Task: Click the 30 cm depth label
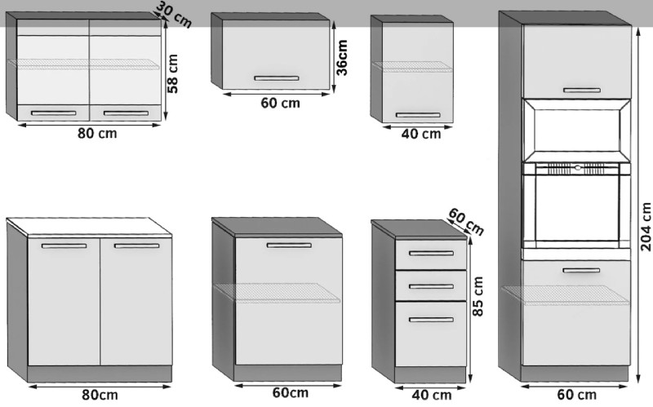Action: click(174, 15)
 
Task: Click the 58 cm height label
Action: click(172, 73)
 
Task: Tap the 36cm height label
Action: click(341, 57)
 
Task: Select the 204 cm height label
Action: click(646, 227)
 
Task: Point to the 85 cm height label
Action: click(478, 296)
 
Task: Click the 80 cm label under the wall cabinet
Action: click(97, 134)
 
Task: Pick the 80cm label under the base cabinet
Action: click(100, 395)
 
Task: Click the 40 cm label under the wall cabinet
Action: click(421, 134)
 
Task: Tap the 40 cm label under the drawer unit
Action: click(432, 395)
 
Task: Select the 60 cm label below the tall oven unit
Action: click(577, 395)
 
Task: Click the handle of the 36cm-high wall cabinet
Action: click(277, 78)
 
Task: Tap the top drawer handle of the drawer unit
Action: click(431, 253)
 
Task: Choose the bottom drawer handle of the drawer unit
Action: click(431, 320)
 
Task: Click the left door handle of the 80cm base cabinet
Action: click(64, 246)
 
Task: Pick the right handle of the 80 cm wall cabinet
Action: click(126, 113)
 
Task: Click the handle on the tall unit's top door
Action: click(582, 91)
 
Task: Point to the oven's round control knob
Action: click(577, 168)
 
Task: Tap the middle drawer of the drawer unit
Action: click(431, 285)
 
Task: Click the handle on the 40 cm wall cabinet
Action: click(418, 115)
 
